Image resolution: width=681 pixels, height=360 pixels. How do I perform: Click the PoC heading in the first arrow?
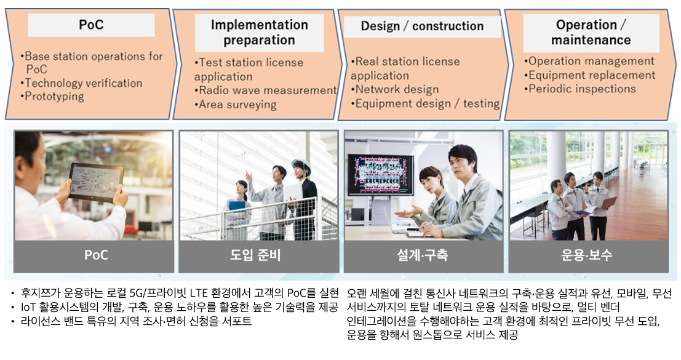click(91, 25)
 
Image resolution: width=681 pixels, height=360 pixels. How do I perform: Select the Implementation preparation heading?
click(259, 33)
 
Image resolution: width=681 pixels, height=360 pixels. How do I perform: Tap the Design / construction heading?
click(422, 26)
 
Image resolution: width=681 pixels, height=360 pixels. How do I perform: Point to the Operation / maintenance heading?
click(591, 33)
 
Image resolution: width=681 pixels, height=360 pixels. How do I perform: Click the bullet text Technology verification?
click(82, 83)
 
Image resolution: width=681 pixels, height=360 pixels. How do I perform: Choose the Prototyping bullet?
click(52, 97)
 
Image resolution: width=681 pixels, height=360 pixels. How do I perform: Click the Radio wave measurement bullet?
click(266, 90)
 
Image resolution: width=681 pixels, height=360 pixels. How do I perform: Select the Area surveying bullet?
click(236, 105)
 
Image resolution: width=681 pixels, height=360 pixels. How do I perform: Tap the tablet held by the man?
click(95, 182)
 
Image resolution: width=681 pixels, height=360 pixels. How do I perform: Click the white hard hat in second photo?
click(301, 166)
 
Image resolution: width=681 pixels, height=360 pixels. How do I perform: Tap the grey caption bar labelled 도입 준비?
click(259, 255)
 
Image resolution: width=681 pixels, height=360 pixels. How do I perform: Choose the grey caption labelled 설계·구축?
click(423, 255)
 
